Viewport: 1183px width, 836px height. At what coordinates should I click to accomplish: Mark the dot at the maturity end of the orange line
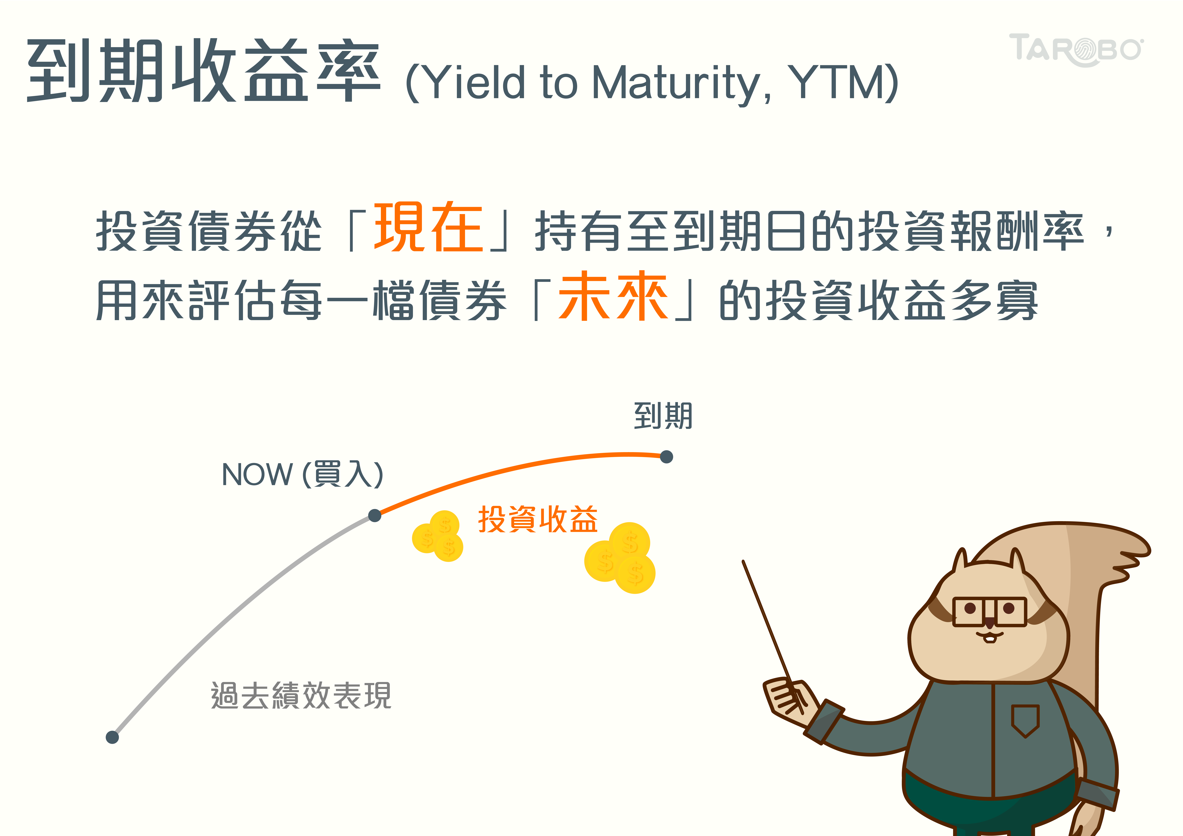pos(666,457)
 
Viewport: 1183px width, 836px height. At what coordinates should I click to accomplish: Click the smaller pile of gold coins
pos(438,536)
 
